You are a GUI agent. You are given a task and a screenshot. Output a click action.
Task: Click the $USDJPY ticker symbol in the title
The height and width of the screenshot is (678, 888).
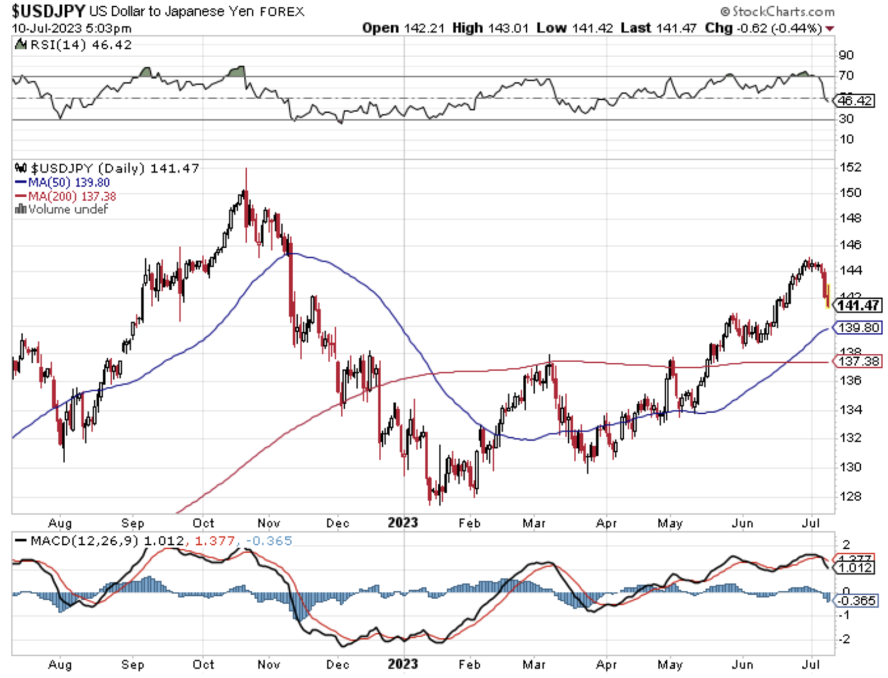click(x=48, y=11)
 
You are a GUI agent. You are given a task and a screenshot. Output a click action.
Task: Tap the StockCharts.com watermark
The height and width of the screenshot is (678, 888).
click(x=777, y=11)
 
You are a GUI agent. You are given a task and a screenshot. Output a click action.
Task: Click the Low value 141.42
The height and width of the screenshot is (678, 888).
click(x=592, y=28)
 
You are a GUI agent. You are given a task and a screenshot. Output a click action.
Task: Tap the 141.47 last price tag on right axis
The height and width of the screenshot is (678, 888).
click(x=859, y=306)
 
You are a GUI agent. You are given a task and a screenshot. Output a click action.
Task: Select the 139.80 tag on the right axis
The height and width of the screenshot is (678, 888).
click(x=859, y=328)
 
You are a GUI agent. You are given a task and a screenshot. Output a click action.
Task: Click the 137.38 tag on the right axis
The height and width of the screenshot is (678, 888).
click(x=859, y=361)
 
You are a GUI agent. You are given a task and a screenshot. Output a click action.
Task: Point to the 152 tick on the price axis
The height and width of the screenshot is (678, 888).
click(x=851, y=167)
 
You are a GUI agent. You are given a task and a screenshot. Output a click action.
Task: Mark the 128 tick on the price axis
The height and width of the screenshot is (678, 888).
click(x=851, y=496)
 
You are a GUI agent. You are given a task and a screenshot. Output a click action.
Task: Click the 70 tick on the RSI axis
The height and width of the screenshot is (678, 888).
click(x=847, y=75)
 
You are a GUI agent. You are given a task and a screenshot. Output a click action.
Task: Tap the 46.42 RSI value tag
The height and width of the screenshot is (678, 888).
click(x=855, y=101)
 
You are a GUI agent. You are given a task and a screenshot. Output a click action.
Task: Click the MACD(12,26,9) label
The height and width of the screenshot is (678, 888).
click(x=84, y=541)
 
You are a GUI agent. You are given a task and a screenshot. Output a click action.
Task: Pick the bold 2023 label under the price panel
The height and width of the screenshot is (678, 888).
click(x=403, y=522)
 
